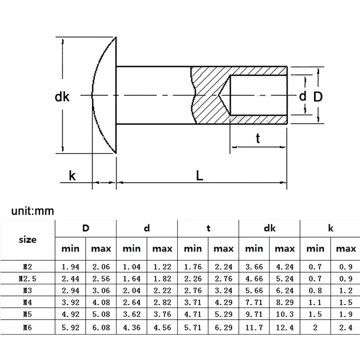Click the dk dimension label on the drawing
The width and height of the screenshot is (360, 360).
coord(62,96)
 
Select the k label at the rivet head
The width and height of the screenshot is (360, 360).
coord(72,176)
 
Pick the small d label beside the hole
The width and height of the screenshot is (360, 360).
coord(303,96)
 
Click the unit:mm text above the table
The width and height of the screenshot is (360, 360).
coord(32,211)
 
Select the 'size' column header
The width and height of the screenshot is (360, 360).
coord(28,239)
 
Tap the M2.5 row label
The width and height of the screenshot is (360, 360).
coord(28,279)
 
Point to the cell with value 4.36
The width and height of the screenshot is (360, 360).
coord(131,328)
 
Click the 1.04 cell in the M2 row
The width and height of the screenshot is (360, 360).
coord(131,267)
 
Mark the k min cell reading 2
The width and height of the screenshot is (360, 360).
coord(315,328)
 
